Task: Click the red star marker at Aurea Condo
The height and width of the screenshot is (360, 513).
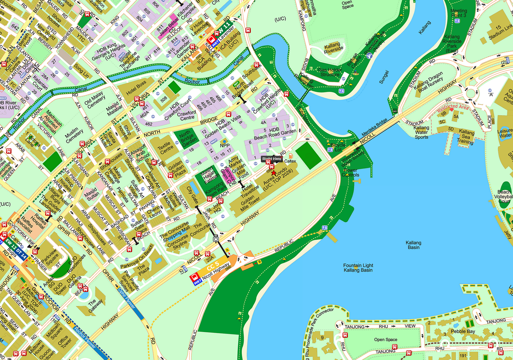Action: [274, 173]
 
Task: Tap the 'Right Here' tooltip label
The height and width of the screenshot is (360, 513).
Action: [272, 159]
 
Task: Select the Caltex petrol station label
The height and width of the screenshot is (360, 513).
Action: [290, 161]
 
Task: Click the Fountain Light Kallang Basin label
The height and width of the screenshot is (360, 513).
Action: [358, 268]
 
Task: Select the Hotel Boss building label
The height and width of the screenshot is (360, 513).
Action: [136, 87]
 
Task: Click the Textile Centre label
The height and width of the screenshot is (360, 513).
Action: [164, 148]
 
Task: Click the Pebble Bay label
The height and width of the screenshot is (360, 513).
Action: [463, 331]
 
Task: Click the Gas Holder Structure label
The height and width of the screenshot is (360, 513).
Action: [330, 72]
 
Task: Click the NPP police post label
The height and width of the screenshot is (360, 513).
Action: [224, 146]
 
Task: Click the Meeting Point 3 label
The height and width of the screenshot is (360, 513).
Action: [458, 13]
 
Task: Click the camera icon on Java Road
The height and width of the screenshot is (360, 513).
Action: [216, 239]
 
